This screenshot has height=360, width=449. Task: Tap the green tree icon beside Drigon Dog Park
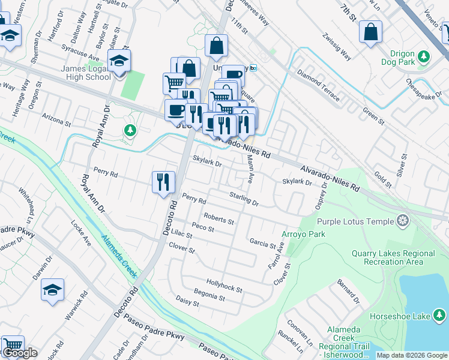click(x=424, y=56)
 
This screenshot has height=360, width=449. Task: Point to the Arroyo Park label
click(x=300, y=234)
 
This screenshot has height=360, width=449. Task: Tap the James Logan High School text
click(x=85, y=73)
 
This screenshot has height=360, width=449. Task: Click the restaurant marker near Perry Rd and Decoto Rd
click(x=163, y=181)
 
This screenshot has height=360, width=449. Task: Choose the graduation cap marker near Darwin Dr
click(x=52, y=290)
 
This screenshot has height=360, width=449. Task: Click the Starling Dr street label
click(x=244, y=199)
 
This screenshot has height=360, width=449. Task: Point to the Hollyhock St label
click(x=224, y=285)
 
